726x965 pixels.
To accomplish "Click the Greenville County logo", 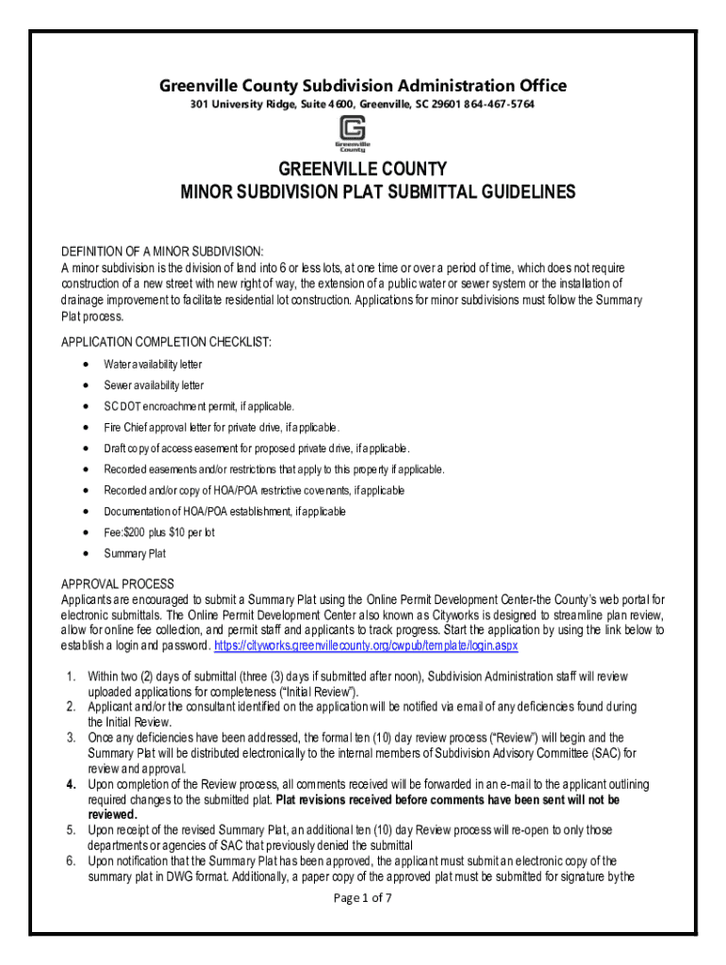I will tap(355, 133).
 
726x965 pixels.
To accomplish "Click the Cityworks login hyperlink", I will tap(366, 647).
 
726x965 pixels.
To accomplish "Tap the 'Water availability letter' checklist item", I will tap(153, 364).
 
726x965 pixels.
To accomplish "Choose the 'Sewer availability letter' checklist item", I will tap(154, 385).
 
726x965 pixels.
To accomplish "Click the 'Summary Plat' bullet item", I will tap(135, 553).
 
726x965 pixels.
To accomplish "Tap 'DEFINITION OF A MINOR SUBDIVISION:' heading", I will tap(162, 251).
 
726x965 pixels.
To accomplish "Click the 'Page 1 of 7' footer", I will tap(363, 898).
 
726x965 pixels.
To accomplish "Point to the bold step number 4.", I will tap(71, 785).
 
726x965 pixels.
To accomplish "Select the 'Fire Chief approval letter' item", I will tap(214, 428).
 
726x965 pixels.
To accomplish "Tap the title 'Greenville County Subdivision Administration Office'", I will tap(363, 86).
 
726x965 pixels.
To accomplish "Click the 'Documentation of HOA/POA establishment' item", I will tap(224, 511).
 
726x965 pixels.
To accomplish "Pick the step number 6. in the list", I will tap(71, 860).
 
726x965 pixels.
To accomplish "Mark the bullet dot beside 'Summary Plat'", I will tap(86, 553).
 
